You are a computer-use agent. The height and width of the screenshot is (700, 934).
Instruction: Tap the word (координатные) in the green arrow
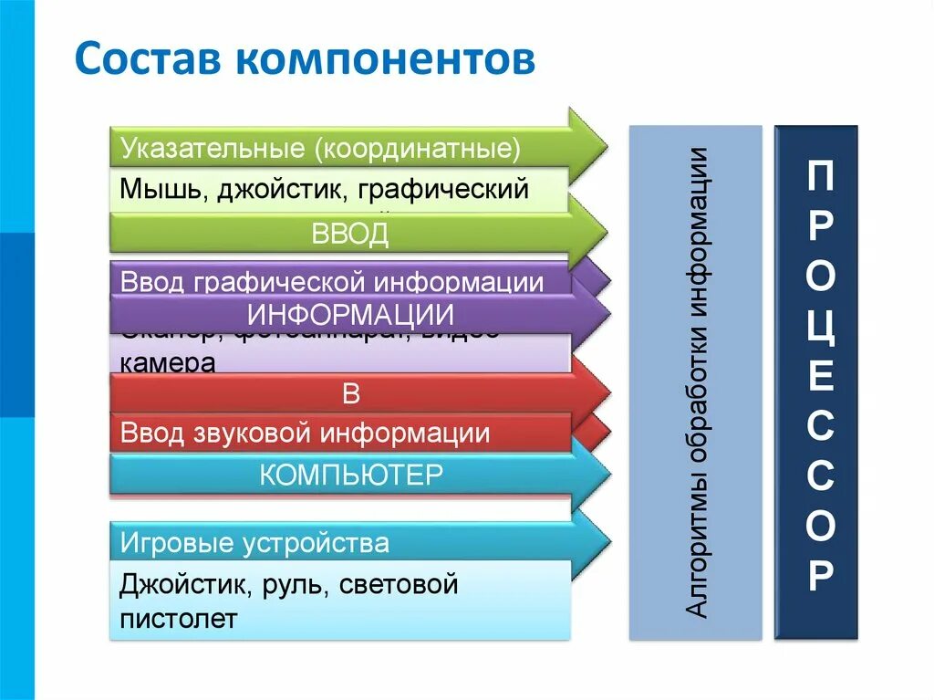pyautogui.click(x=420, y=147)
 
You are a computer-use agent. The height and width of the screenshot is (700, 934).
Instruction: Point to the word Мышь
pyautogui.click(x=153, y=190)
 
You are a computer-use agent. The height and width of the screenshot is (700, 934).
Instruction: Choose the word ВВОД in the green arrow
pyautogui.click(x=350, y=234)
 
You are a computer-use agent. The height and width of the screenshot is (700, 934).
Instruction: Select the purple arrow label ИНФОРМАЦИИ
pyautogui.click(x=351, y=316)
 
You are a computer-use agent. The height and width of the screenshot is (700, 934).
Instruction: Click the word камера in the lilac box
pyautogui.click(x=167, y=363)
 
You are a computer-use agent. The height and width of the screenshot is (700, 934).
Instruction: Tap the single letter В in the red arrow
pyautogui.click(x=352, y=394)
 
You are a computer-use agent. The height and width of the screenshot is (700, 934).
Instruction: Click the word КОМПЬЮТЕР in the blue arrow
pyautogui.click(x=351, y=475)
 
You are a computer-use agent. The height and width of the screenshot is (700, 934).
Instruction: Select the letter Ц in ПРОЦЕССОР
pyautogui.click(x=819, y=326)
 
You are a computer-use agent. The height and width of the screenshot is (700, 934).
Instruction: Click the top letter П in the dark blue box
pyautogui.click(x=819, y=177)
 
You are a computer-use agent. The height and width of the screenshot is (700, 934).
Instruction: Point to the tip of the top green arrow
pyautogui.click(x=606, y=144)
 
